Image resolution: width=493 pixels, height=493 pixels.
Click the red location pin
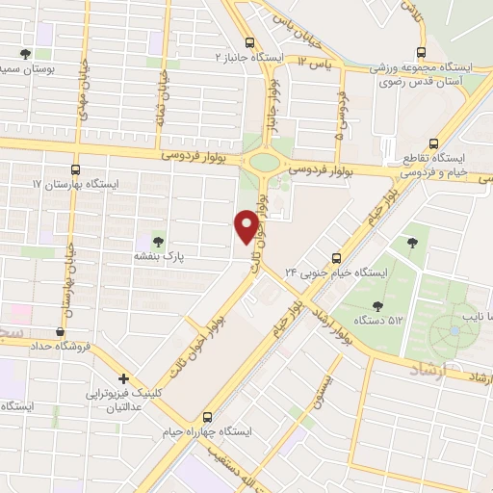246,227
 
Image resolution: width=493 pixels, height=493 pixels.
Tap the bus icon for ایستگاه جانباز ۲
250,43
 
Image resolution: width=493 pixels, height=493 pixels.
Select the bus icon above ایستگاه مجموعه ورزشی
420,53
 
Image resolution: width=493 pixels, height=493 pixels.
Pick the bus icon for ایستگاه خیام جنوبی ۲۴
337,258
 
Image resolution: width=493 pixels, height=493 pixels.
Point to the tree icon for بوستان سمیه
25,54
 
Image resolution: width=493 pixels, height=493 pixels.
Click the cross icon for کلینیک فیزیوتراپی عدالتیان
123,378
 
